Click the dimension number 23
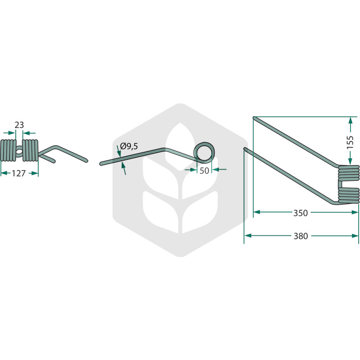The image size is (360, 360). [19, 125]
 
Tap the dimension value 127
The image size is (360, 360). [18, 173]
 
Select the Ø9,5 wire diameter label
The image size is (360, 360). [129, 146]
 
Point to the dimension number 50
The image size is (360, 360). [204, 171]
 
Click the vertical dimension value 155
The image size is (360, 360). [350, 142]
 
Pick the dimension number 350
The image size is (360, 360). [300, 213]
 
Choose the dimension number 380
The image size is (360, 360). [301, 236]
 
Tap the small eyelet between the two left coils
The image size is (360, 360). [19, 152]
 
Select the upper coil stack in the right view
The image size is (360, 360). [349, 173]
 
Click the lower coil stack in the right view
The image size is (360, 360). [349, 195]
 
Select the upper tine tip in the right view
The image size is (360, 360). [254, 118]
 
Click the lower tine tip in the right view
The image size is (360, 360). [245, 149]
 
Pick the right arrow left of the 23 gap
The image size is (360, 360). [9, 133]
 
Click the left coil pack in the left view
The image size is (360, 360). [8, 150]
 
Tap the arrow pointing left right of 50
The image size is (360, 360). [220, 170]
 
